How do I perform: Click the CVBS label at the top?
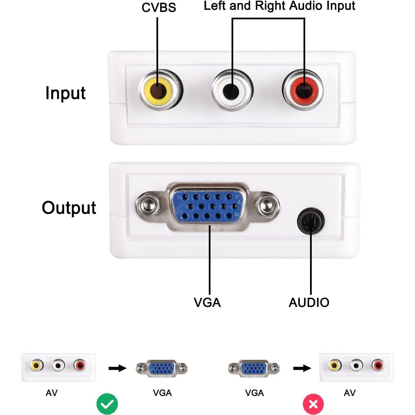[x=159, y=8]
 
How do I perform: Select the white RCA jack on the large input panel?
[x=232, y=90]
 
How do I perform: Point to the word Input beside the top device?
[x=65, y=93]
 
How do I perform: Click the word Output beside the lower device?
[x=69, y=208]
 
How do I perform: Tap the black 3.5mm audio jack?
[x=311, y=221]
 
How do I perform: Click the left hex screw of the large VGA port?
[x=147, y=205]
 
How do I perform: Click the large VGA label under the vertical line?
[x=207, y=303]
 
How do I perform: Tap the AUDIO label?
[x=309, y=303]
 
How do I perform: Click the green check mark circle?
[x=107, y=404]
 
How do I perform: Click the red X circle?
[x=313, y=404]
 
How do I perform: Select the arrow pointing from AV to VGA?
[x=117, y=368]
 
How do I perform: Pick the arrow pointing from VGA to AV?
[x=302, y=368]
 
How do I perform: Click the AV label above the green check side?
[x=51, y=393]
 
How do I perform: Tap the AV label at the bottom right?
[x=350, y=393]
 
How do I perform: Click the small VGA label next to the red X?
[x=254, y=393]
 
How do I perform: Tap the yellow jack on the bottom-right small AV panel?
[x=335, y=365]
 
